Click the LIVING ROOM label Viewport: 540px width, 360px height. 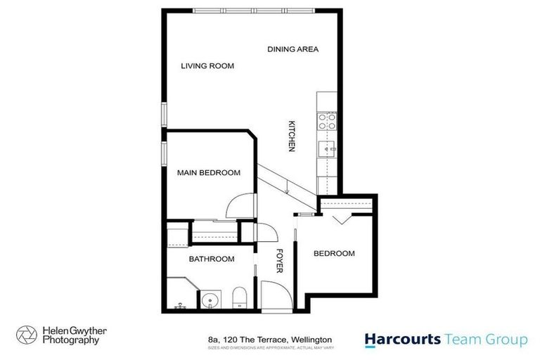pyautogui.click(x=207, y=66)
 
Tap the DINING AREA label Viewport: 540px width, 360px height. pyautogui.click(x=293, y=49)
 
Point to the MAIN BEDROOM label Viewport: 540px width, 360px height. pyautogui.click(x=209, y=172)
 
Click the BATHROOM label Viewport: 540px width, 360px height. pyautogui.click(x=211, y=259)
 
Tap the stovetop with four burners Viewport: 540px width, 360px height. pyautogui.click(x=326, y=121)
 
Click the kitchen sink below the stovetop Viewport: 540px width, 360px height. pyautogui.click(x=327, y=149)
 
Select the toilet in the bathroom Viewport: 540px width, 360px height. pyautogui.click(x=238, y=298)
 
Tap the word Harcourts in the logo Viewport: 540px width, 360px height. pyautogui.click(x=402, y=340)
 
